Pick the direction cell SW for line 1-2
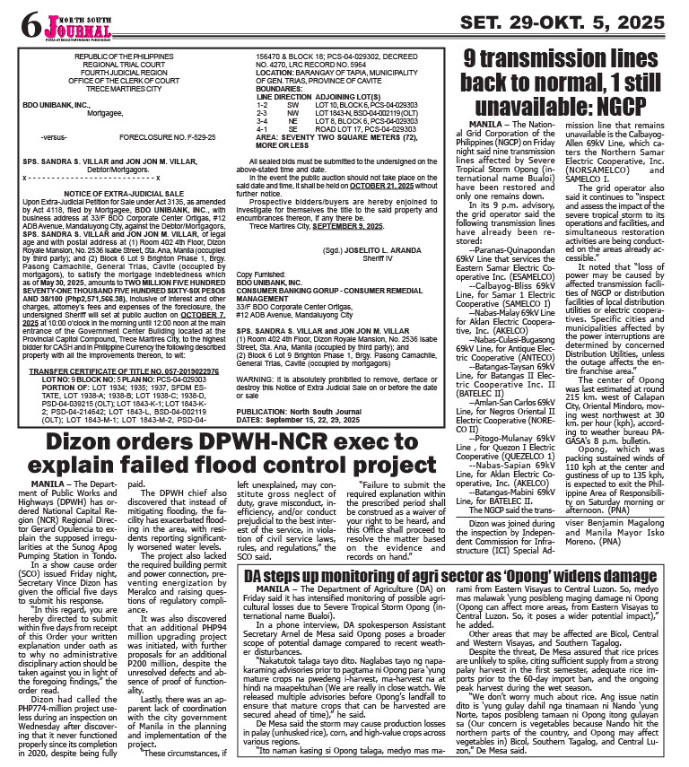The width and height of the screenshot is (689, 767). (x=292, y=105)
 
